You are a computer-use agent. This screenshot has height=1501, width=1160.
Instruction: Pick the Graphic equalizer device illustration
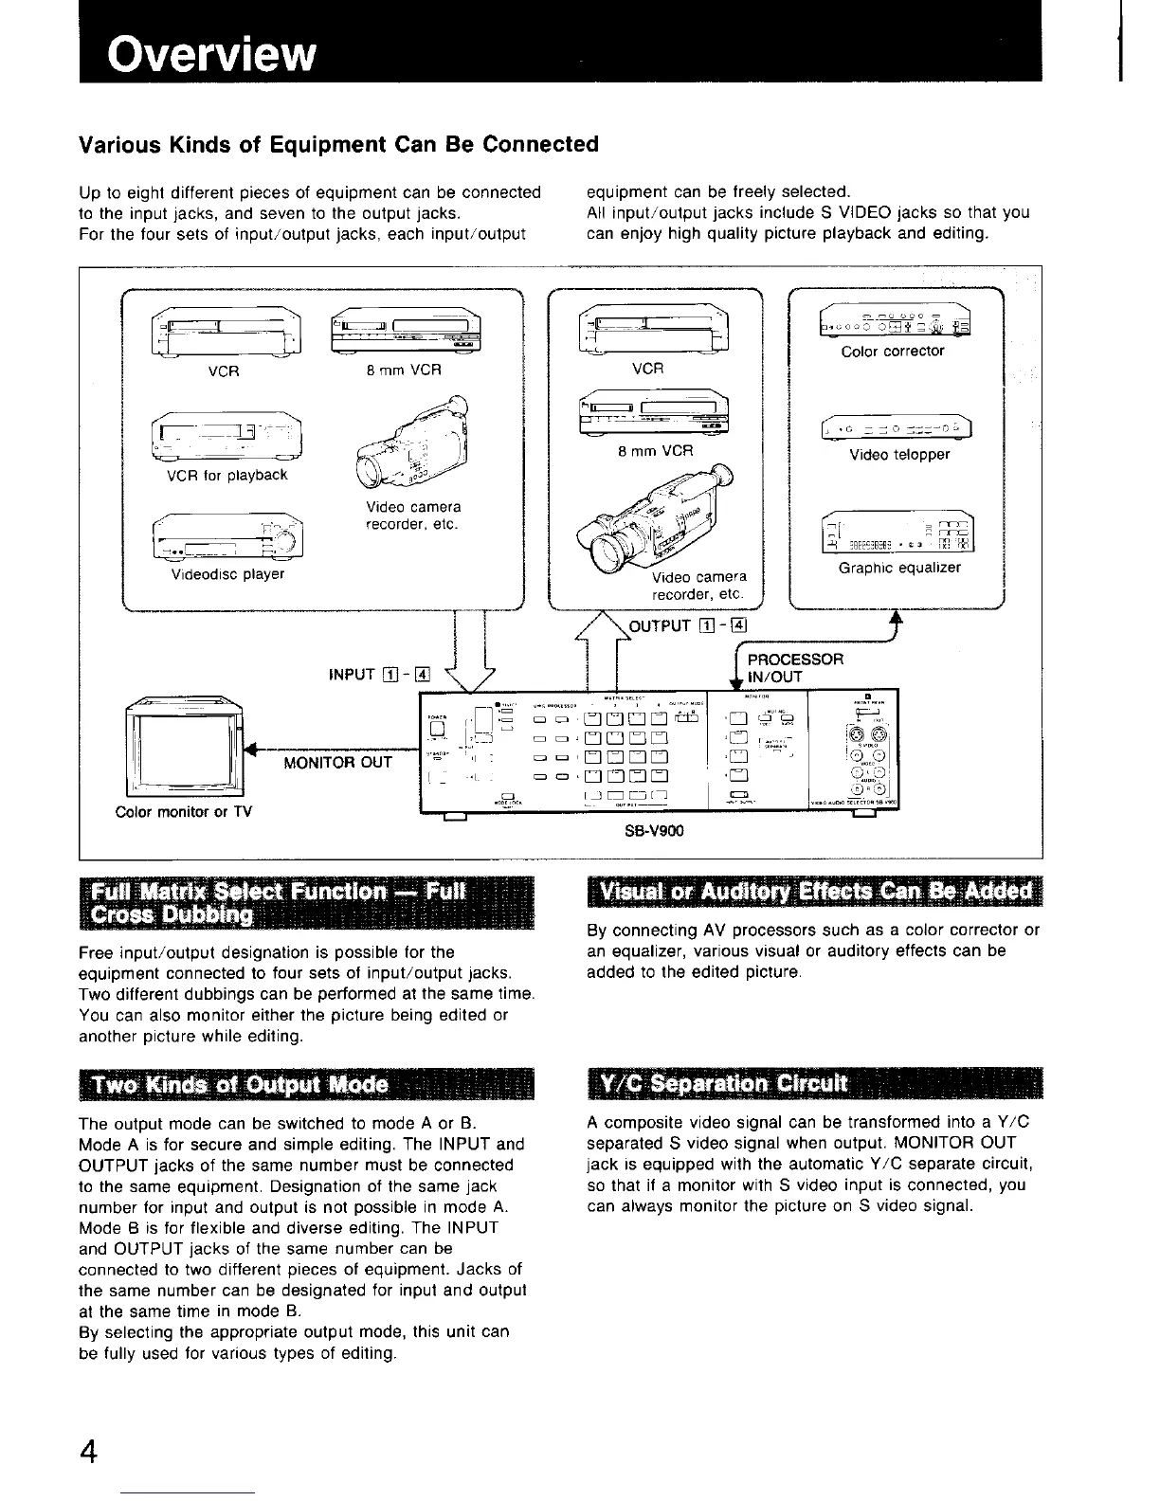click(x=899, y=536)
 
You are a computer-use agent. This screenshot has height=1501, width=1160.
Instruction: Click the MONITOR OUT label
click(x=338, y=762)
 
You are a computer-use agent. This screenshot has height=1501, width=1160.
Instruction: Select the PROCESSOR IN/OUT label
click(x=794, y=668)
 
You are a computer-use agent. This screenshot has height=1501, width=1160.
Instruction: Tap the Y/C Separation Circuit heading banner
click(x=813, y=1084)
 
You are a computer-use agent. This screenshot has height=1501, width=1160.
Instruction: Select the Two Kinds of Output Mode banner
click(x=307, y=1084)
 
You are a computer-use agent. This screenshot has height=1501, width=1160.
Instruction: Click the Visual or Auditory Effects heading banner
click(x=813, y=892)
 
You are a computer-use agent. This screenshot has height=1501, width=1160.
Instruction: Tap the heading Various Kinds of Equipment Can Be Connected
click(x=338, y=144)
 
